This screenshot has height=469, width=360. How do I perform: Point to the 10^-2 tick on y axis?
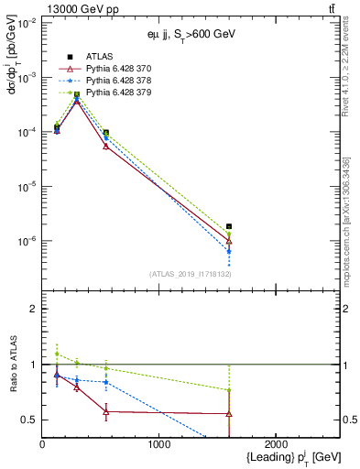tap(27, 23)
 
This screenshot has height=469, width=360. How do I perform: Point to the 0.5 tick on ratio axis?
tap(30, 420)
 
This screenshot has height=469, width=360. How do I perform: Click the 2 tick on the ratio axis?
tap(35, 309)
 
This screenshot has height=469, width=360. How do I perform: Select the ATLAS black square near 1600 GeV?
tap(229, 226)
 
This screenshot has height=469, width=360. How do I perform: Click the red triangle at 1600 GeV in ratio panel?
tap(229, 414)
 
